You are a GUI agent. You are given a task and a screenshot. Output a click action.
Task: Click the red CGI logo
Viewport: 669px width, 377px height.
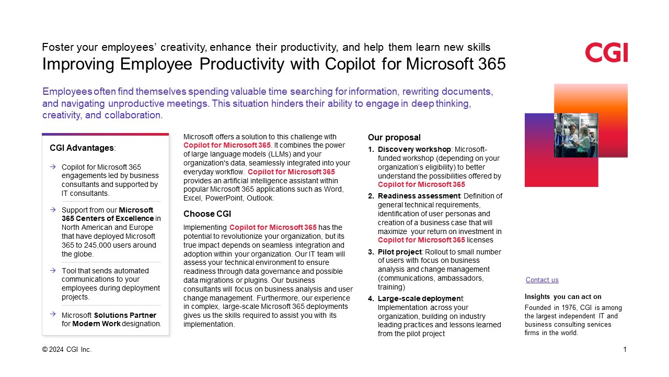click(606, 53)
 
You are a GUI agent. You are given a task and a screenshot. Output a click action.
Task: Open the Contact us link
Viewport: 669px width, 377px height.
click(542, 280)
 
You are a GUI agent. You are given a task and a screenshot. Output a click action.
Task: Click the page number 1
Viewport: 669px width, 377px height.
click(625, 349)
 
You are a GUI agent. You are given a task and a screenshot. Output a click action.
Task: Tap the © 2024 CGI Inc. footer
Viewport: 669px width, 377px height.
click(67, 349)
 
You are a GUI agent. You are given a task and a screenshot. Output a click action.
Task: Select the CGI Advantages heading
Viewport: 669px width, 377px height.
click(82, 148)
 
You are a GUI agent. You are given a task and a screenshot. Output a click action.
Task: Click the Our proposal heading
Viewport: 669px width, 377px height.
click(394, 138)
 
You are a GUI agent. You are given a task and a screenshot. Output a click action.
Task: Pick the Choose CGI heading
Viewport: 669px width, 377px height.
click(207, 214)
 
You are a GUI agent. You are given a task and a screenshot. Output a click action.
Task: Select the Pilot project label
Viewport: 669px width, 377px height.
click(400, 252)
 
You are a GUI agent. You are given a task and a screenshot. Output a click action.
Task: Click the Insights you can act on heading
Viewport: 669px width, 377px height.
click(563, 297)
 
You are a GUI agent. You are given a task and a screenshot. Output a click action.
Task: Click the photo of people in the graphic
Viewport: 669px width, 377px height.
click(576, 135)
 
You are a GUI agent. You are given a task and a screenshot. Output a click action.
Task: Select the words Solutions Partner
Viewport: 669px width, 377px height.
click(125, 315)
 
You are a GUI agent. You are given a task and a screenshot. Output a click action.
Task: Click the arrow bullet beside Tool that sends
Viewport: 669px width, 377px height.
click(53, 271)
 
